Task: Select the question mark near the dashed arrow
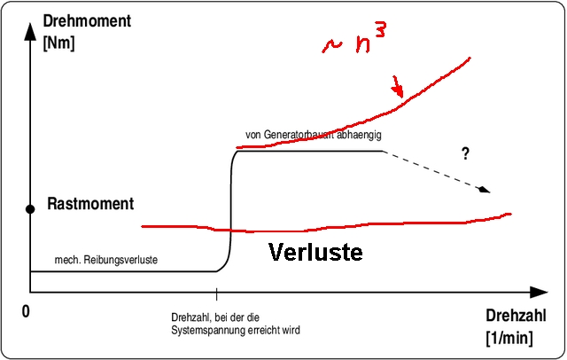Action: [465, 153]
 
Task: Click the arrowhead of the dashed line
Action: [484, 189]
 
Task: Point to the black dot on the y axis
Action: [29, 209]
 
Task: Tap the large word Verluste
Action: [315, 252]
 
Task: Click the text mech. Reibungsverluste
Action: [105, 262]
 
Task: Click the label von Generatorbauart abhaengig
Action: [313, 136]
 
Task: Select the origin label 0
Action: [26, 311]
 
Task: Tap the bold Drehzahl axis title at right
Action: [513, 316]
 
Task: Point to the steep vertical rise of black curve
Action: [231, 213]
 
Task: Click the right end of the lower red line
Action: [509, 214]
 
